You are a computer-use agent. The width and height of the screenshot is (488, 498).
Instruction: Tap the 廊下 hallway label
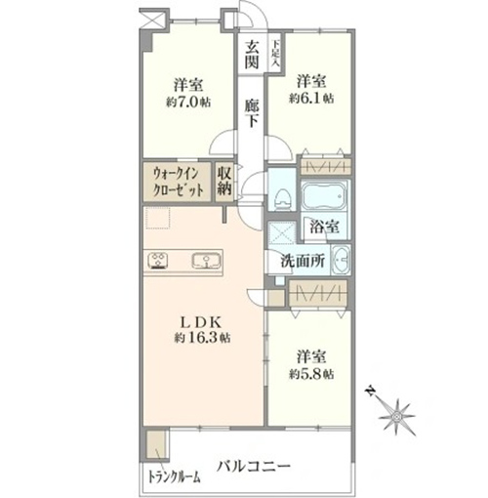click(x=252, y=112)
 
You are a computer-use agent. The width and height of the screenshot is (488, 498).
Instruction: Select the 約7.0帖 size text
click(x=188, y=103)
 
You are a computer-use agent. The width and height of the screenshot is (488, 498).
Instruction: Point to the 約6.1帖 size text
click(x=311, y=98)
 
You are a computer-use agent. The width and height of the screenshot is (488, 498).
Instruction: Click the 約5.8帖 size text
click(x=311, y=374)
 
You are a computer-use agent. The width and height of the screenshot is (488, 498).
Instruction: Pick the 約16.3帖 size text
click(x=202, y=338)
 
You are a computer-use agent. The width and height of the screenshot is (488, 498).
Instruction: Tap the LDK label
click(x=201, y=322)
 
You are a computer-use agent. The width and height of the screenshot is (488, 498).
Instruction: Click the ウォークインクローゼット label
click(x=179, y=183)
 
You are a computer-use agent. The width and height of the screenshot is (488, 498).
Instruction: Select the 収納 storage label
click(x=224, y=182)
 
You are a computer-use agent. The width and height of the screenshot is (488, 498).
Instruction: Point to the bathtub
click(x=323, y=196)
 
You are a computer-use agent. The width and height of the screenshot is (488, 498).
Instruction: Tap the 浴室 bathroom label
click(x=324, y=227)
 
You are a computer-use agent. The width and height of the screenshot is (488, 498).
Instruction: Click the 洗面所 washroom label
click(x=303, y=261)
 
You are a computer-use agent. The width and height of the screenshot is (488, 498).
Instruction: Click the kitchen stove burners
click(x=158, y=261)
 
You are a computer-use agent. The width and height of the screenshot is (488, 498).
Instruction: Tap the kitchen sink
click(x=206, y=261)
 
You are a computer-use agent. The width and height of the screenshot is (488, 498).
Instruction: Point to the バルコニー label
click(x=254, y=467)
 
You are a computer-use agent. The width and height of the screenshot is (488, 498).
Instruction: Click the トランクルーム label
click(x=174, y=477)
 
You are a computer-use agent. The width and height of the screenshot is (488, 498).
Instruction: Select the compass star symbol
click(x=397, y=417)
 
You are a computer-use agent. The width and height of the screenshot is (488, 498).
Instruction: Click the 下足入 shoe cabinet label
click(x=275, y=53)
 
